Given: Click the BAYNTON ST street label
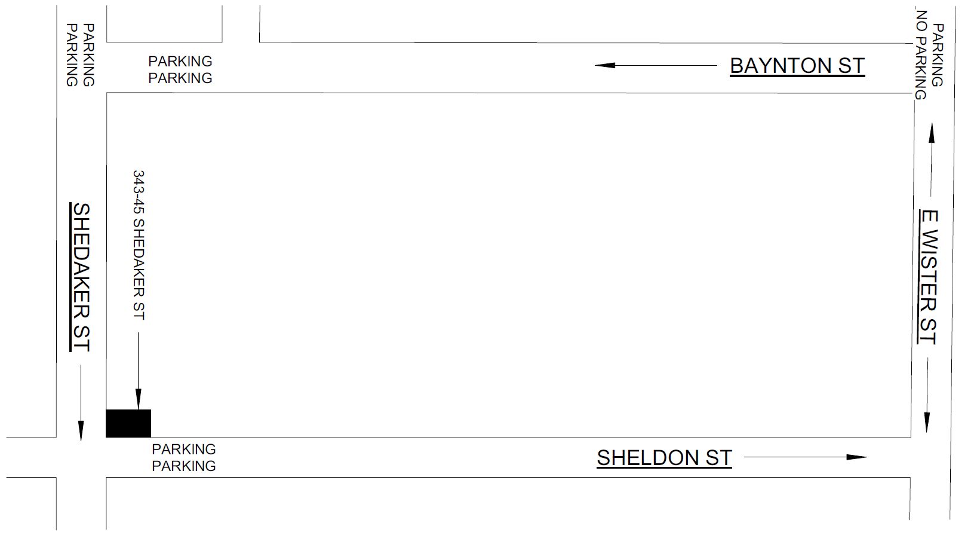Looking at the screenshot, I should (x=797, y=66).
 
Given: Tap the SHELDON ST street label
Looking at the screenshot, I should (x=664, y=458).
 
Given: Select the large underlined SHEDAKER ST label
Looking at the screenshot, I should (x=81, y=277).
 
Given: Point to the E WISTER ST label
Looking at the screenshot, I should (x=928, y=277).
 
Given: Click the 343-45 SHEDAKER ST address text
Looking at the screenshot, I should (x=139, y=245).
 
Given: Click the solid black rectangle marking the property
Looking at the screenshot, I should (x=128, y=423).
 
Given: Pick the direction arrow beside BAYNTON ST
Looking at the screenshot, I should (x=655, y=65).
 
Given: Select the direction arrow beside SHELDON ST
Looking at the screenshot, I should (x=805, y=457).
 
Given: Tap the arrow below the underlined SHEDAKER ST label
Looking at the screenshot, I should (x=81, y=403).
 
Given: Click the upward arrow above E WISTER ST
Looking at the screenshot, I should (x=930, y=159).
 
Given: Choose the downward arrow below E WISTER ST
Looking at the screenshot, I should (x=927, y=395).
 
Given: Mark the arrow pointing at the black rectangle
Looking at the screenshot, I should (x=138, y=371).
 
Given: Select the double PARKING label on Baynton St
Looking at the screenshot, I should (x=180, y=70).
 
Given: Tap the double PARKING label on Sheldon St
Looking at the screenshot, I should (x=184, y=458).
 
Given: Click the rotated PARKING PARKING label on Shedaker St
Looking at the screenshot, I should (x=80, y=55).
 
